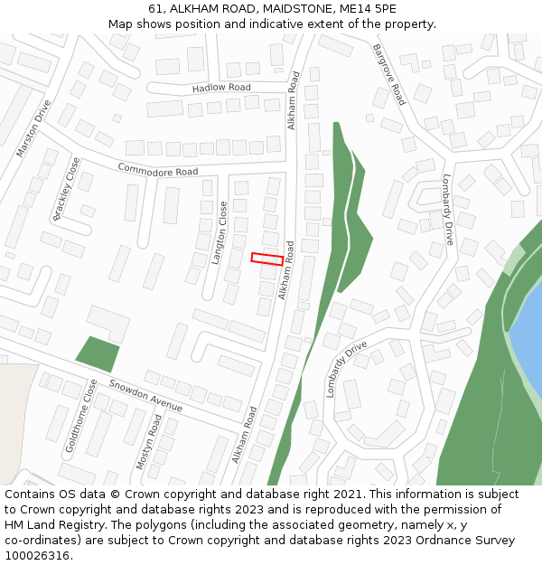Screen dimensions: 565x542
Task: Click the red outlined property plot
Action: pos(266,259)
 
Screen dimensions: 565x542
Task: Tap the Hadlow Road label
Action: pos(221,88)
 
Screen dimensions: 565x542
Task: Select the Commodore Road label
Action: pos(157,169)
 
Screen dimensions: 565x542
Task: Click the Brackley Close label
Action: pos(67,188)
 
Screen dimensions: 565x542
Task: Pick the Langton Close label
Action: pos(219,232)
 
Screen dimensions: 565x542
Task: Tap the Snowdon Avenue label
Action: pos(145,395)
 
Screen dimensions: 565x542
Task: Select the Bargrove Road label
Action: pos(389,74)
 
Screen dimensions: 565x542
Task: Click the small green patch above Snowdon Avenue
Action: pos(98,353)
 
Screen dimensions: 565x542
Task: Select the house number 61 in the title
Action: pos(155,9)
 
